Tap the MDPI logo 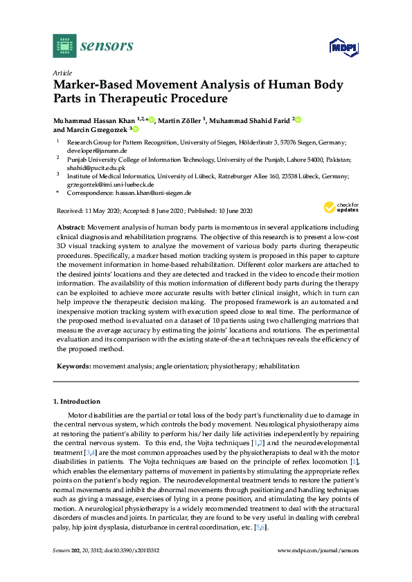[x=344, y=47]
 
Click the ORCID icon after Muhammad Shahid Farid [x=298, y=120]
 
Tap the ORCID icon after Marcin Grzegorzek [x=135, y=129]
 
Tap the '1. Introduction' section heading [x=77, y=402]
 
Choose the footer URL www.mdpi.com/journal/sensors [x=318, y=569]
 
